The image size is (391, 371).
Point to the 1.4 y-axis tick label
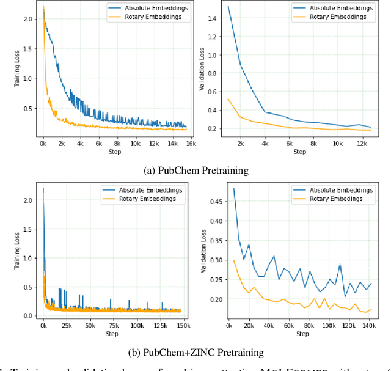211,20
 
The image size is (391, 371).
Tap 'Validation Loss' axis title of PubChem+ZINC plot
203,253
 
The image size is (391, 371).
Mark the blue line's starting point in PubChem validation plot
228,6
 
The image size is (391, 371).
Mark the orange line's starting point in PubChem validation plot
228,98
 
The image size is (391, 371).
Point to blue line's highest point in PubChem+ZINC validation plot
235,188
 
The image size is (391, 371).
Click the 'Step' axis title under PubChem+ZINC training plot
112,334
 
